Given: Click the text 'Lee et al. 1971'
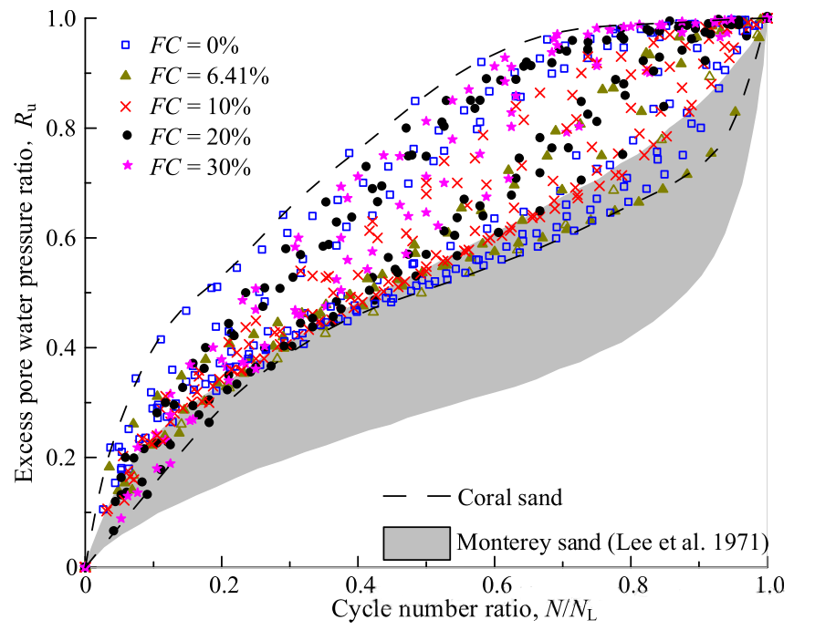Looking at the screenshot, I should (x=709, y=543).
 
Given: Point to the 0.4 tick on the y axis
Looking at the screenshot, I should (x=60, y=348).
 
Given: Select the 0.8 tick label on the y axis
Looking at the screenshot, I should (x=60, y=129).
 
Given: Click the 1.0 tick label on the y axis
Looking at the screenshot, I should (x=60, y=19).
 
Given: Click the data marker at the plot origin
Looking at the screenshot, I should (x=85, y=567).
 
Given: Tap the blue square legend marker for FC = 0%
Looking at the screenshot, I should (x=129, y=44).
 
